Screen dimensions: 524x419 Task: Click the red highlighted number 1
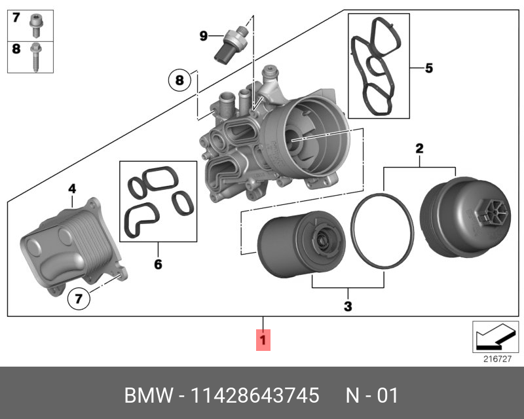coord(263,340)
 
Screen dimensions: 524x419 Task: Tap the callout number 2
coord(420,149)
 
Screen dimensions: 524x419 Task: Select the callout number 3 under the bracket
coord(348,306)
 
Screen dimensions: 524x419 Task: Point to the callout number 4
coord(72,189)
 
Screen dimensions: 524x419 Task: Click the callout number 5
coord(429,67)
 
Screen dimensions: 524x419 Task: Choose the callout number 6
coord(158,264)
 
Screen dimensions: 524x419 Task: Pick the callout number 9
coord(203,35)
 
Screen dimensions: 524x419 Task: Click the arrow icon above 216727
coord(495,337)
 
